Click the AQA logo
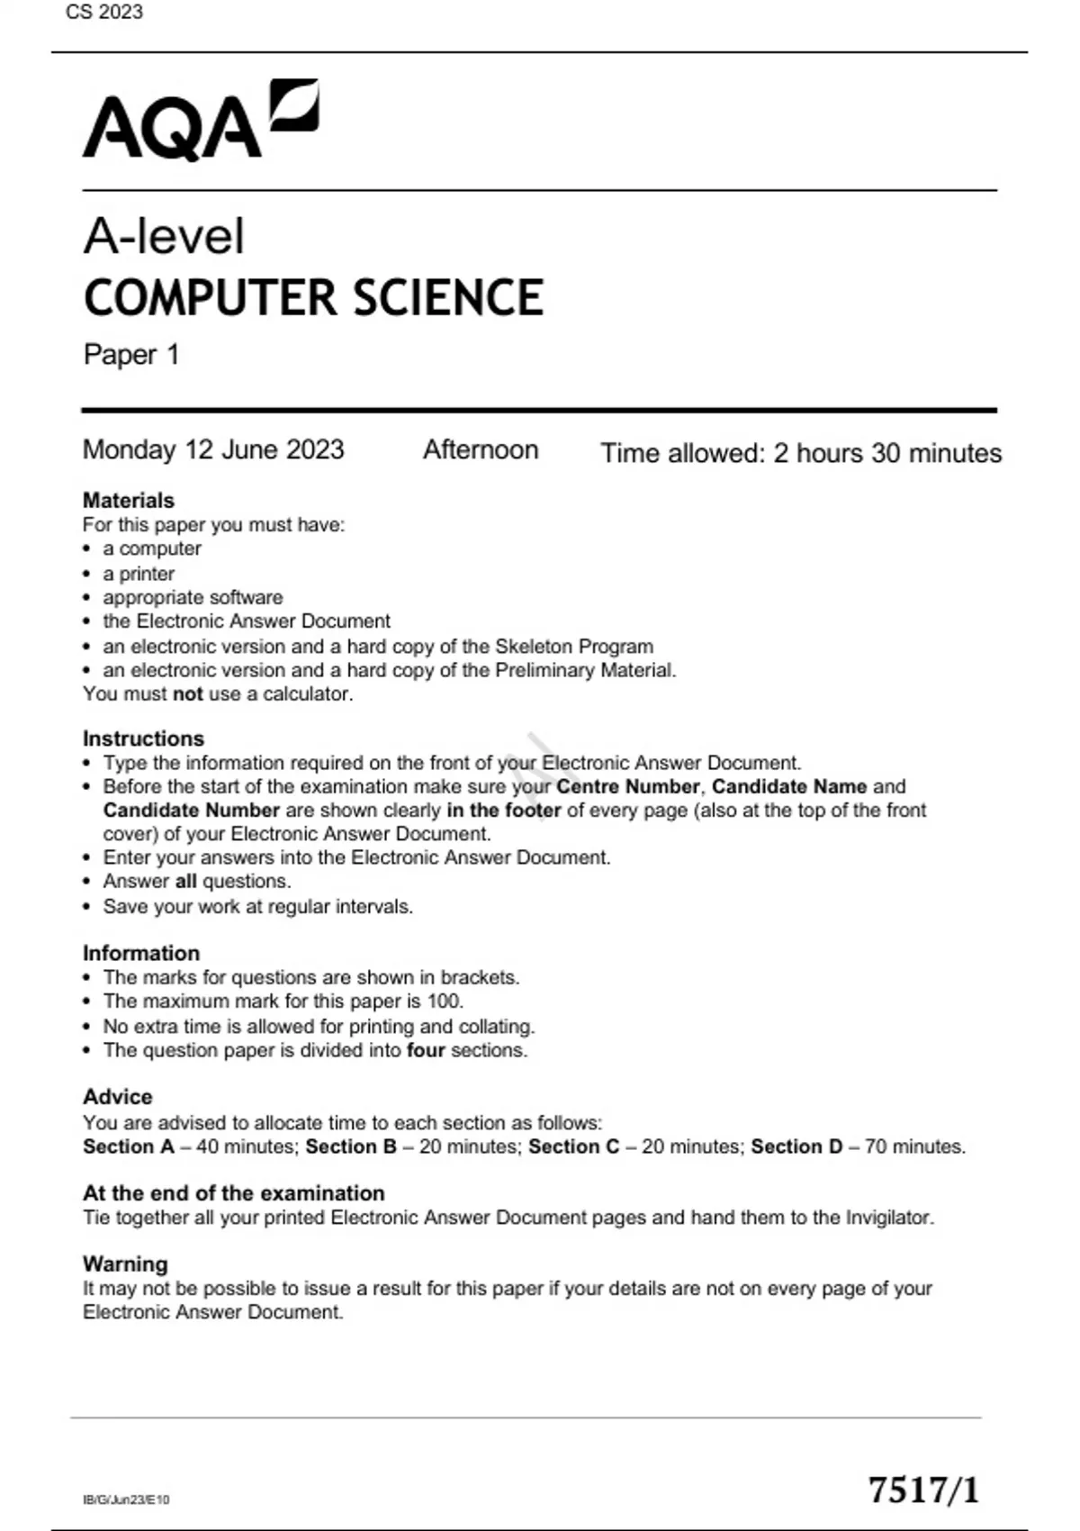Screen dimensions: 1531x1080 pos(200,122)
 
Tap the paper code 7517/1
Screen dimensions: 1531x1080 pos(922,1490)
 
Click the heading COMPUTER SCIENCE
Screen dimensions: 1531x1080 pos(313,298)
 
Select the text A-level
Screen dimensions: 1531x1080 pos(164,236)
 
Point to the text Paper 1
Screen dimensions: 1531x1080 pos(131,355)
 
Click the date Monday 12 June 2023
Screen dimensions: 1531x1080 pos(213,449)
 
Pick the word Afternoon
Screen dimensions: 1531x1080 pos(481,449)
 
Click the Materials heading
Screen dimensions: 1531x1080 pos(129,500)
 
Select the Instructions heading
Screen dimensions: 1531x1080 pos(143,738)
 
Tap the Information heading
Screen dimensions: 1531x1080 pos(141,953)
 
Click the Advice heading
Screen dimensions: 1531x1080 pos(118,1097)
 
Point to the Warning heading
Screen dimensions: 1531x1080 pos(125,1264)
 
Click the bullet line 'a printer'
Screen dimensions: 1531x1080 pos(139,574)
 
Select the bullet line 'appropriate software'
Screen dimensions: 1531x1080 pos(193,597)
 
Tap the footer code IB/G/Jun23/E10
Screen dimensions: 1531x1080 pos(126,1499)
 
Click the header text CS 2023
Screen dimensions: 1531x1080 pos(104,12)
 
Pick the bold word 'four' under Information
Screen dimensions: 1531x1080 pos(426,1050)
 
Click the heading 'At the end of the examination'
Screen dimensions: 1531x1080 pos(234,1193)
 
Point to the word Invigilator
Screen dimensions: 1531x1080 pos(888,1218)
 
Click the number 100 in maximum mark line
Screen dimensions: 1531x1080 pos(445,1001)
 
